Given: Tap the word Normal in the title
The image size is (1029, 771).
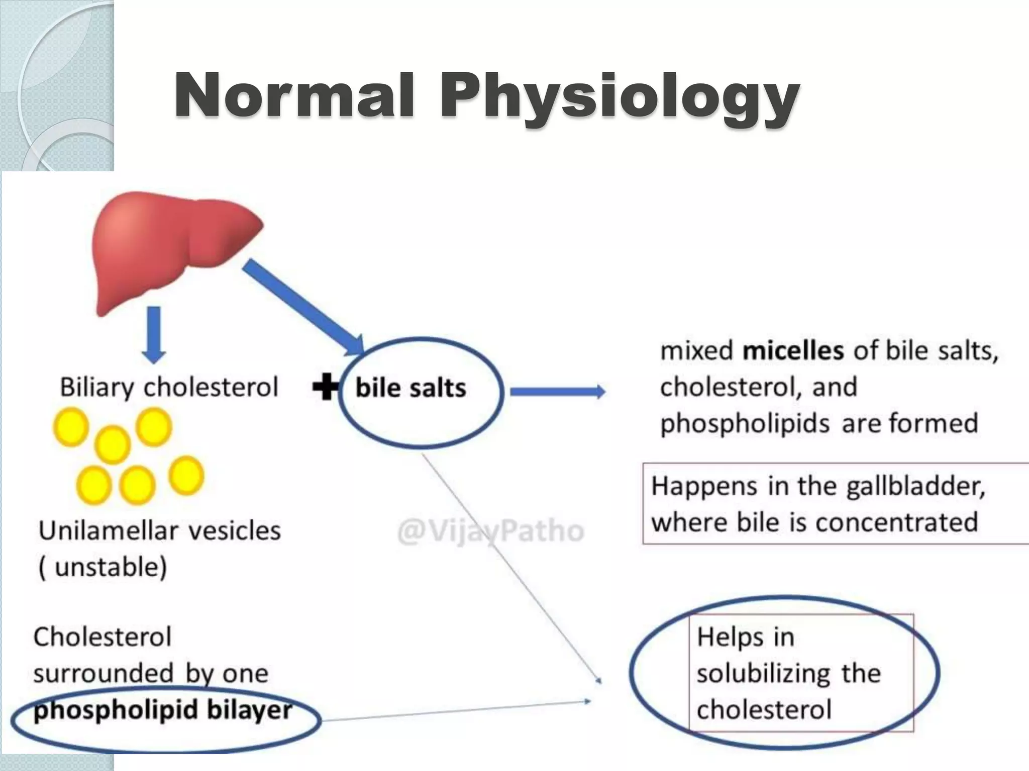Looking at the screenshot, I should point(295,95).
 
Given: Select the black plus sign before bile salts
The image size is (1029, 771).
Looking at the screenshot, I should point(326,387).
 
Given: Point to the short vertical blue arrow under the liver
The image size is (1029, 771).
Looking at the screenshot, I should point(154,334).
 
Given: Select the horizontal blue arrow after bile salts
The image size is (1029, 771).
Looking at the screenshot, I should point(557,392).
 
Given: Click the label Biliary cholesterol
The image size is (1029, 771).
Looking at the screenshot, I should point(169,388).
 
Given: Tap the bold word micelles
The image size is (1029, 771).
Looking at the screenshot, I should point(793,351).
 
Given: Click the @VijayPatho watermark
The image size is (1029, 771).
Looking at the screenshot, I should point(490,531).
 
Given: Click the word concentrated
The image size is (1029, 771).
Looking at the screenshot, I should point(896,523).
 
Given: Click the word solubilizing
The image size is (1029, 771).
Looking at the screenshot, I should point(764,674).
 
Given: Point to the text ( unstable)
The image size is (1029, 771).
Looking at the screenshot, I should point(102,568).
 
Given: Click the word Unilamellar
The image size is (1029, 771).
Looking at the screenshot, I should point(109,531).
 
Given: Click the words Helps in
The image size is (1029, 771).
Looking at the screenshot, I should point(745,637).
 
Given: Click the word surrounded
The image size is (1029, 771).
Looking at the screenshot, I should point(104,674).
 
